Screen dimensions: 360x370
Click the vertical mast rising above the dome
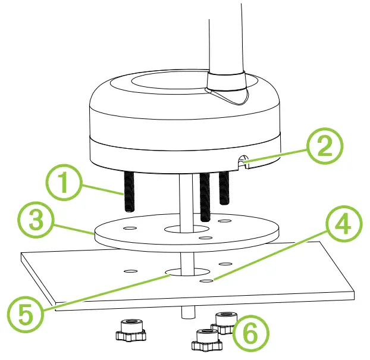pyautogui.click(x=226, y=36)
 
